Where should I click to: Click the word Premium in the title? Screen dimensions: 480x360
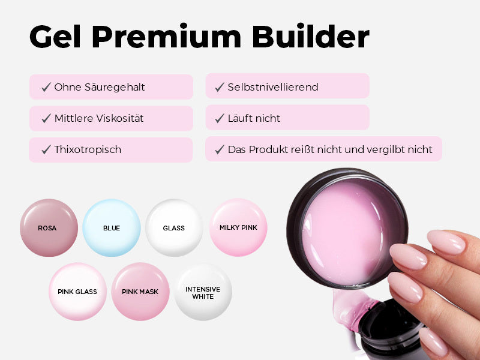167,37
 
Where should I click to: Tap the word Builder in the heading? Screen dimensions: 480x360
310,36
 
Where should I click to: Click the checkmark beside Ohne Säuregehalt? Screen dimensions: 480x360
46,87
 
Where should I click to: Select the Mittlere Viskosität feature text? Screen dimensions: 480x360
99,118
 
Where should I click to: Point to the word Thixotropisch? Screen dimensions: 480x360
88,149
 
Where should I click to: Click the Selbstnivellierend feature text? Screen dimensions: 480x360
273,87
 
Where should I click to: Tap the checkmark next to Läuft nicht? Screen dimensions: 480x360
220,118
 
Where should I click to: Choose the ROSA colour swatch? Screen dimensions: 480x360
49,228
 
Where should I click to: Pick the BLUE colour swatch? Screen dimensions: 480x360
112,228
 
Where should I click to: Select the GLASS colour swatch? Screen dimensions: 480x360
174,228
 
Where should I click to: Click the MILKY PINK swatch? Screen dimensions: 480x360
238,227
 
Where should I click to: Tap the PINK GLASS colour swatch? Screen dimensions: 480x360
77,292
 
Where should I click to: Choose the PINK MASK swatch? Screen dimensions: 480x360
140,292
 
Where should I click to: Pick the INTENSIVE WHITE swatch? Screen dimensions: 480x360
203,292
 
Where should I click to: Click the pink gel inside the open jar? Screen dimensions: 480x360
343,233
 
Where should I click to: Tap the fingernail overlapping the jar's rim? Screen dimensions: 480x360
408,256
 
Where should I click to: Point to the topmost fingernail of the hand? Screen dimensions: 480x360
446,242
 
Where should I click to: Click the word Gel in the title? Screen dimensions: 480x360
55,36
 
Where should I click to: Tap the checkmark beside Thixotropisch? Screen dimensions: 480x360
46,149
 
